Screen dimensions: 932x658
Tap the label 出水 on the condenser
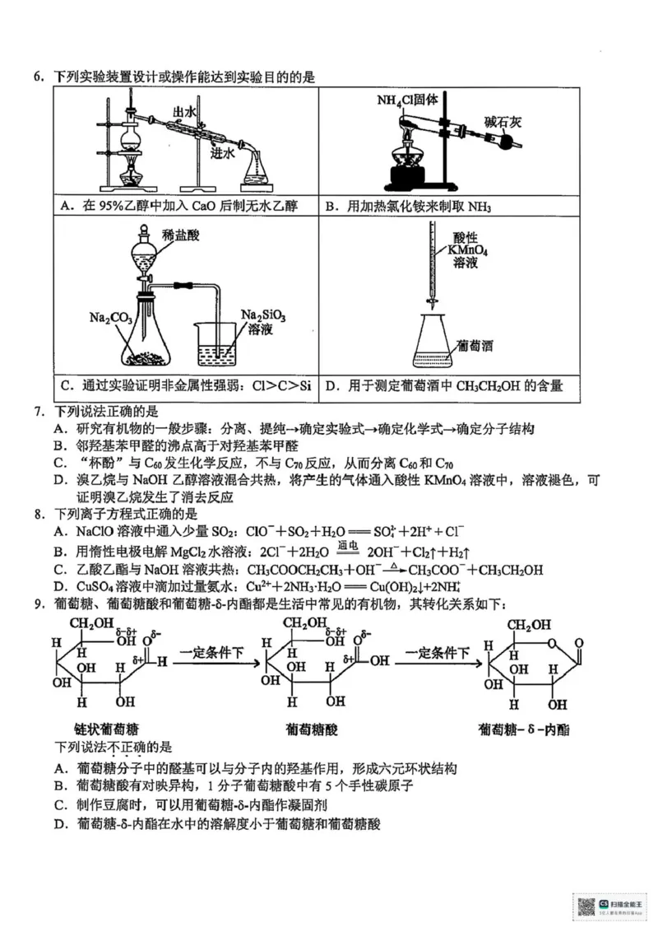tap(183, 112)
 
